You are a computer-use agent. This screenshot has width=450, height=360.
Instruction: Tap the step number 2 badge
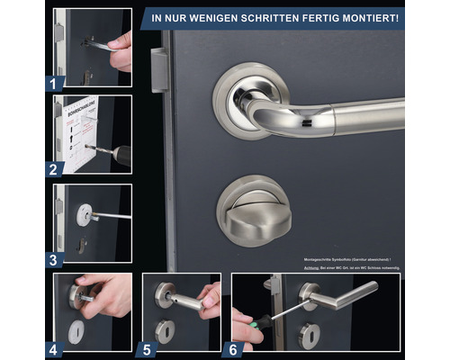point(54,166)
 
